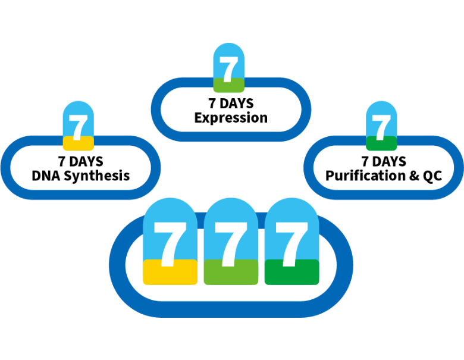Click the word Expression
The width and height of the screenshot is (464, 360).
[x=231, y=118]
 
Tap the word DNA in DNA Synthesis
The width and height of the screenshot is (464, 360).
[x=46, y=176]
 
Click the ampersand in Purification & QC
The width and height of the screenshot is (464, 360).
[x=409, y=176]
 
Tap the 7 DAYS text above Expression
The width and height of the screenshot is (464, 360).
[x=231, y=104]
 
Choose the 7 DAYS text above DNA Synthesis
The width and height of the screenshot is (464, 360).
[x=80, y=162]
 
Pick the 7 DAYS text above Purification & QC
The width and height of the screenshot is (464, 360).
[x=383, y=162]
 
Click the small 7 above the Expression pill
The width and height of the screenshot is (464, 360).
[x=228, y=66]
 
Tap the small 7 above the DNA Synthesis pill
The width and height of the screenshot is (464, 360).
[x=78, y=124]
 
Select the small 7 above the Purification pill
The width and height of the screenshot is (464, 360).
[x=381, y=124]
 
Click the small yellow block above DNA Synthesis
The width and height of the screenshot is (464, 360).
[x=79, y=143]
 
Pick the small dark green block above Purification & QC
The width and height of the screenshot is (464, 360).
[x=381, y=143]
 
